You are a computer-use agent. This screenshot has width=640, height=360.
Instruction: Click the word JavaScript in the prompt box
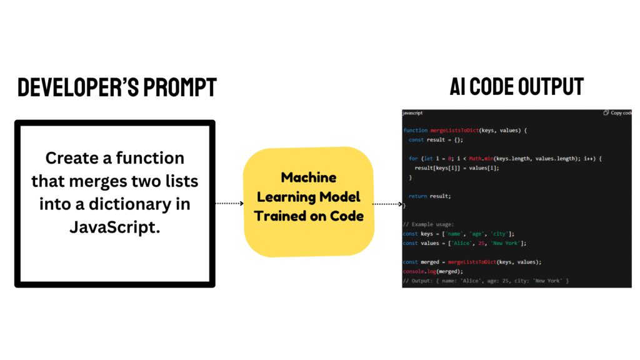[x=115, y=227]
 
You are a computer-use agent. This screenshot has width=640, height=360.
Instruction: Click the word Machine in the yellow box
[x=309, y=177]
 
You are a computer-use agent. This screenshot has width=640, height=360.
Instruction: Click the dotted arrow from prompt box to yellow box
[x=229, y=203]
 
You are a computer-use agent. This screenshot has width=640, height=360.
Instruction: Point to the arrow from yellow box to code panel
[x=387, y=204]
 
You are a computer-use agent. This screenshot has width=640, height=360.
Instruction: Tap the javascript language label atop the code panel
[x=413, y=113]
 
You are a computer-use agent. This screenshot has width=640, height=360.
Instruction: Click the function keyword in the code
[x=416, y=131]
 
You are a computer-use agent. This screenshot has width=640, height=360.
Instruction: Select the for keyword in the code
[x=413, y=159]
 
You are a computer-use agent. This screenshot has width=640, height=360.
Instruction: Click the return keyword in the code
[x=418, y=196]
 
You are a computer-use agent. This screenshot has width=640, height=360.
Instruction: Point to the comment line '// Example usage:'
[x=427, y=224]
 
